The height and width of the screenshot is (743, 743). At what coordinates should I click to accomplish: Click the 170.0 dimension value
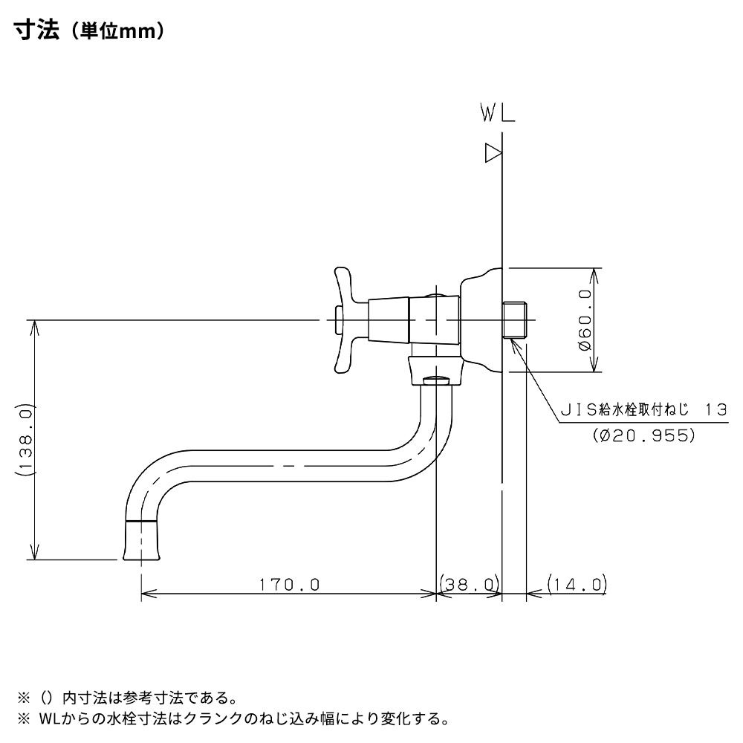(289, 585)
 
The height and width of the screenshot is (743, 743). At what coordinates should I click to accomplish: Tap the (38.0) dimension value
(469, 585)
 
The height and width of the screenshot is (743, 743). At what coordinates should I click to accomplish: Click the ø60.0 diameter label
(584, 320)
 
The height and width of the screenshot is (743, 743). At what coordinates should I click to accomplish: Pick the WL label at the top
(497, 114)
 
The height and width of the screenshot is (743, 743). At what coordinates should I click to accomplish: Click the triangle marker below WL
(493, 153)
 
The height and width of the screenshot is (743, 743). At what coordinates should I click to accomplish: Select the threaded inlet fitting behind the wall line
(516, 320)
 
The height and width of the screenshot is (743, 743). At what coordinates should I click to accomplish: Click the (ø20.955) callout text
(644, 435)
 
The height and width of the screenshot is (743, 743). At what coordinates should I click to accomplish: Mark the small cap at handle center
(339, 320)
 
